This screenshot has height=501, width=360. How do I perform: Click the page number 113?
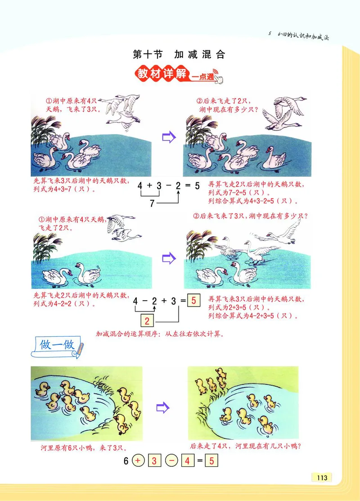click(321, 478)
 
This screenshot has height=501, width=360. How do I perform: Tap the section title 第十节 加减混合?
click(179, 55)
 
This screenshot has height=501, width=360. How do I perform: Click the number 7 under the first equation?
click(152, 203)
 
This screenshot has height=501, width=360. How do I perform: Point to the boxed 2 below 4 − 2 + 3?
click(147, 321)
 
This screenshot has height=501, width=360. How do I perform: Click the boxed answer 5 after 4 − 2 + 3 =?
click(193, 301)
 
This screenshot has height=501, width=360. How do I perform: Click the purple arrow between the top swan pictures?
click(168, 137)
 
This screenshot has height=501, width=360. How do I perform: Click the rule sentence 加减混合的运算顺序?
click(160, 334)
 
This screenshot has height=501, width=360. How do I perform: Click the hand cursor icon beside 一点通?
click(219, 79)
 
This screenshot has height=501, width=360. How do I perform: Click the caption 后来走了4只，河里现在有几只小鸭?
click(245, 447)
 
